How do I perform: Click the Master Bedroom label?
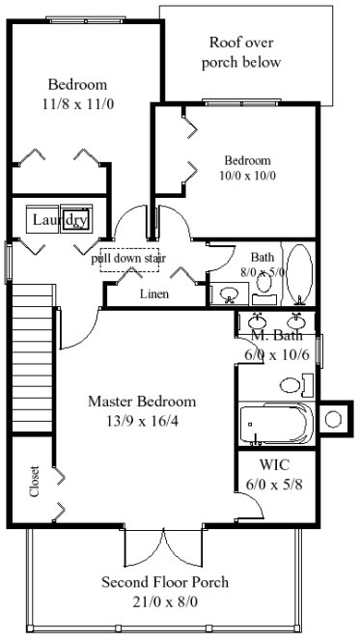[x=142, y=402]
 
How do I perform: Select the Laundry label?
[x=60, y=221]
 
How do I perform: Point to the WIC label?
[x=275, y=464]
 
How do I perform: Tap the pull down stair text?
[x=130, y=260]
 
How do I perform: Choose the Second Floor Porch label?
[x=165, y=583]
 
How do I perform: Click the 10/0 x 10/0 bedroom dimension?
[x=248, y=176]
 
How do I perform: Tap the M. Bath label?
[x=277, y=336]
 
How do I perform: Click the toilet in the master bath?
[x=295, y=385]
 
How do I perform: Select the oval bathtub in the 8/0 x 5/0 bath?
[x=300, y=272]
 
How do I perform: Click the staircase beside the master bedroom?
[x=30, y=357]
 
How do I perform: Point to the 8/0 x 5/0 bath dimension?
[x=263, y=273]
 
